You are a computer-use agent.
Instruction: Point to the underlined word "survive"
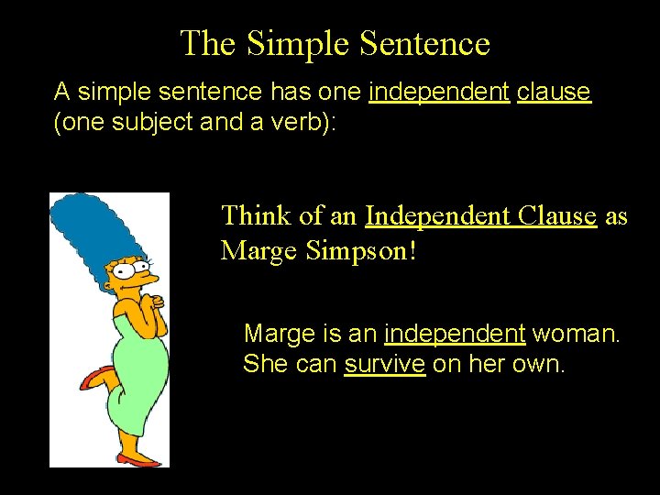pos(385,364)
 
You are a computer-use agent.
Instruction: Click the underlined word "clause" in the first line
pos(554,92)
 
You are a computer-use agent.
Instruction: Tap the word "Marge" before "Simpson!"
pos(259,249)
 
